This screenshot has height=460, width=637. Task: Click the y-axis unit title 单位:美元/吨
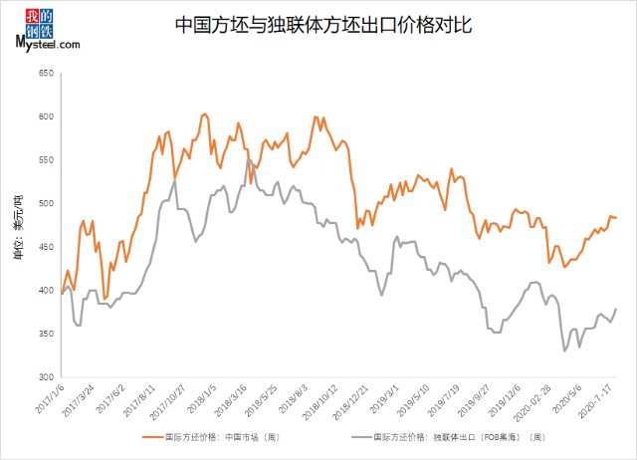tap(17, 227)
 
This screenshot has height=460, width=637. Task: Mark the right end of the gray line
tap(616, 309)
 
